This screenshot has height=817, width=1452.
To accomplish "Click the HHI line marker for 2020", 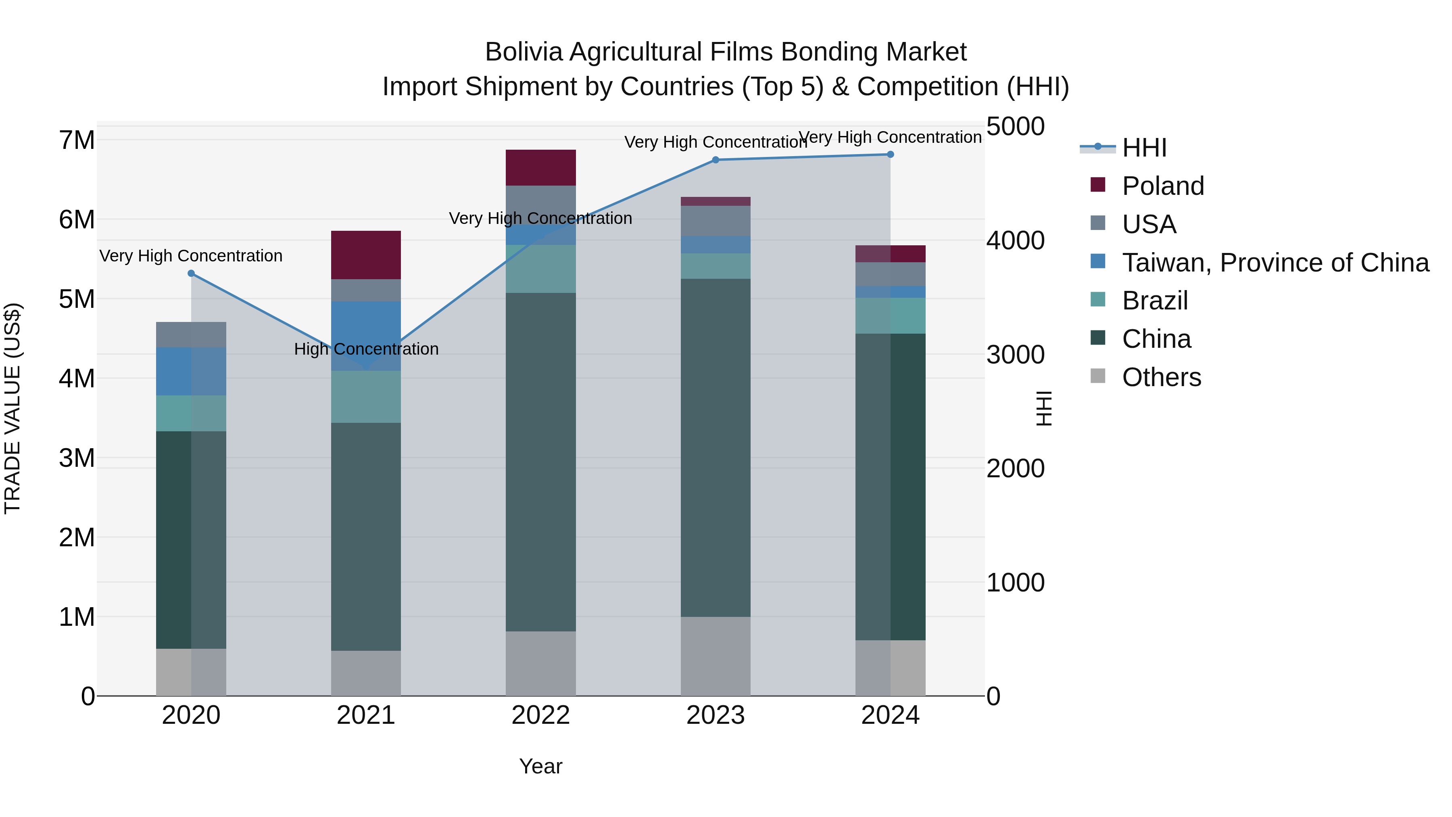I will (x=191, y=274).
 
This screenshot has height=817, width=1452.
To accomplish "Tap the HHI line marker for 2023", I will (x=715, y=160).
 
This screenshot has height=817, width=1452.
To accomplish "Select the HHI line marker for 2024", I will (x=890, y=155).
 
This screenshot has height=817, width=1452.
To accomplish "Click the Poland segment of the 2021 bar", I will (x=366, y=255).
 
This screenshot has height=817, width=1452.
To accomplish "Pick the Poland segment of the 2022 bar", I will (x=540, y=167).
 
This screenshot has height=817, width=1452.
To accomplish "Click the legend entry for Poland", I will (x=1162, y=186).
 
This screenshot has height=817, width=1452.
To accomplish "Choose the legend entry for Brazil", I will (x=1154, y=301).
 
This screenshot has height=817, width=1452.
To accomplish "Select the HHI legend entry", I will (x=1144, y=148).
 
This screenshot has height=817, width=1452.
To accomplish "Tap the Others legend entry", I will (x=1161, y=377).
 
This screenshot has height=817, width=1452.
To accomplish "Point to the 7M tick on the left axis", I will (x=77, y=140).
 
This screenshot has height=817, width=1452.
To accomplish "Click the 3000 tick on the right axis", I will (x=1015, y=355).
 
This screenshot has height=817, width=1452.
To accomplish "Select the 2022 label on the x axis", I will (x=540, y=715).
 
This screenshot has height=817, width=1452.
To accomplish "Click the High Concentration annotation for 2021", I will (x=366, y=349).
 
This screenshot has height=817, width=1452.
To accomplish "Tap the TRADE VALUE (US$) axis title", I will (x=13, y=408).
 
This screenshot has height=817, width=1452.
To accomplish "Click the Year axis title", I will (x=540, y=766).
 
